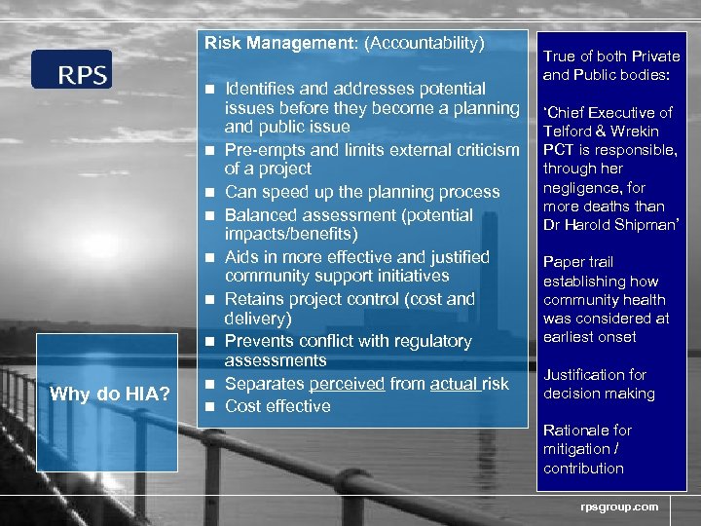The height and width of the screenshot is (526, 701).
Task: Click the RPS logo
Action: coord(71,69)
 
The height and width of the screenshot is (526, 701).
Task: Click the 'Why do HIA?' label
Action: coord(110,394)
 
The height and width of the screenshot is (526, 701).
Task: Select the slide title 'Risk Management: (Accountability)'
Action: coord(344,43)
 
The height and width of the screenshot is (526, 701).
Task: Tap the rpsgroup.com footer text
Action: coord(619,506)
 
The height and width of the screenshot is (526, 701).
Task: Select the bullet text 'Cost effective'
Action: coord(277,406)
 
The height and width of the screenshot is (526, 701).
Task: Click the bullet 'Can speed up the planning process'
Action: coord(361,192)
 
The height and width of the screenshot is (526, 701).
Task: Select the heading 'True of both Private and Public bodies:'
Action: coord(610,65)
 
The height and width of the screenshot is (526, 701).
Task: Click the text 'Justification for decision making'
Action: coord(599,384)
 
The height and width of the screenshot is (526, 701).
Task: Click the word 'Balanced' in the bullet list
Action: coord(260,215)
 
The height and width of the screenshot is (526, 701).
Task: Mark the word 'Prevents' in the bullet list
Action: coord(259,341)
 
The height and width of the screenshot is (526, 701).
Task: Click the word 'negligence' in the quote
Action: coord(581,188)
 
